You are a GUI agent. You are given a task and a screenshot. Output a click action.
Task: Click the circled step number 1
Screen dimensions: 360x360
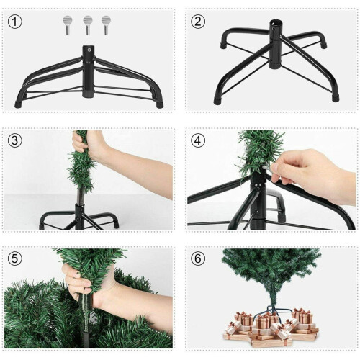coord(14,21)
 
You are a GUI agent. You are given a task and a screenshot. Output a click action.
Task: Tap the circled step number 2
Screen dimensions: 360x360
coord(198,21)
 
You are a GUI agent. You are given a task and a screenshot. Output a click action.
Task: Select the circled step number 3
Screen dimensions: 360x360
coord(14,140)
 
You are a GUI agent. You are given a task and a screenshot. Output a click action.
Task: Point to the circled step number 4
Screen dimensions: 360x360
coord(198,140)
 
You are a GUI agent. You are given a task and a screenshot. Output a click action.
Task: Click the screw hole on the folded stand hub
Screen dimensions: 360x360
coord(89,51)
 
